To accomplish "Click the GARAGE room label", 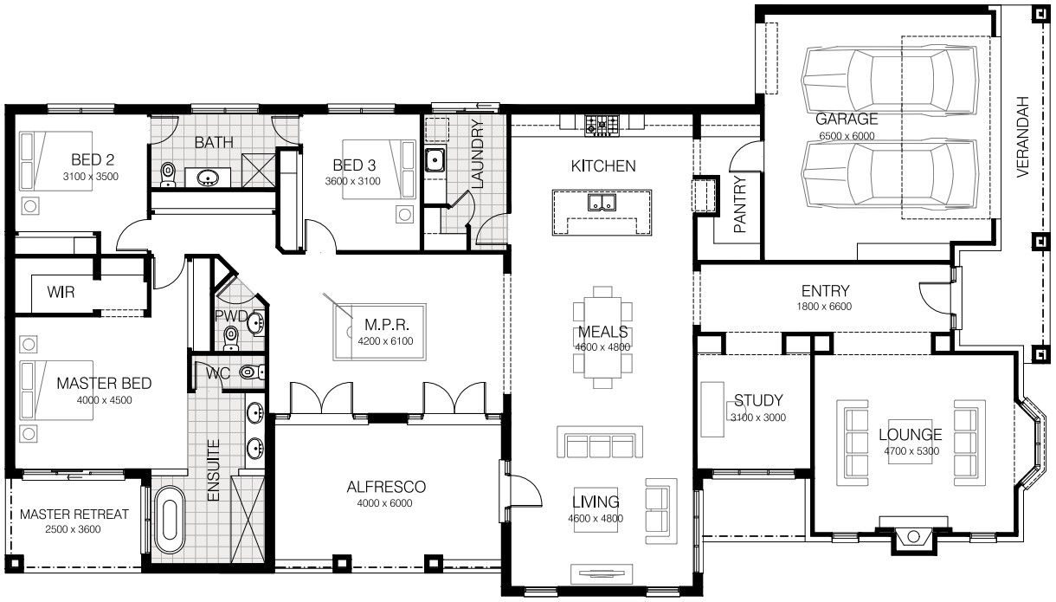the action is click(x=847, y=119).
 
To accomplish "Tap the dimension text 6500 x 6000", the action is click(x=847, y=136).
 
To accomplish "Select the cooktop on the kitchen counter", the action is click(x=602, y=126).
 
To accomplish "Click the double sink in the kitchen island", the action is click(x=602, y=203).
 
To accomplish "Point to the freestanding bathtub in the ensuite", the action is click(x=170, y=519).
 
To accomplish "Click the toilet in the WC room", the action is click(x=251, y=372).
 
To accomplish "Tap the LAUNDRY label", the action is click(x=478, y=154).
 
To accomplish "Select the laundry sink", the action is click(x=435, y=160).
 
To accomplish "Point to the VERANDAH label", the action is click(x=1022, y=137).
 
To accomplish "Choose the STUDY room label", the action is click(x=758, y=400).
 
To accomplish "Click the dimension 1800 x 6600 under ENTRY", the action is click(x=824, y=307).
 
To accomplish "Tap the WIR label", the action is click(x=61, y=292).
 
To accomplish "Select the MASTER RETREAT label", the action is click(x=74, y=515).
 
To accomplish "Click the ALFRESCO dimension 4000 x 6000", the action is click(x=384, y=503).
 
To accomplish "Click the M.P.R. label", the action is click(x=387, y=325).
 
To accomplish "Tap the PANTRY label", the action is click(x=741, y=204).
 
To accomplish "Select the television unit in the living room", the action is click(x=601, y=574).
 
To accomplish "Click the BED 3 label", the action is click(x=354, y=165).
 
